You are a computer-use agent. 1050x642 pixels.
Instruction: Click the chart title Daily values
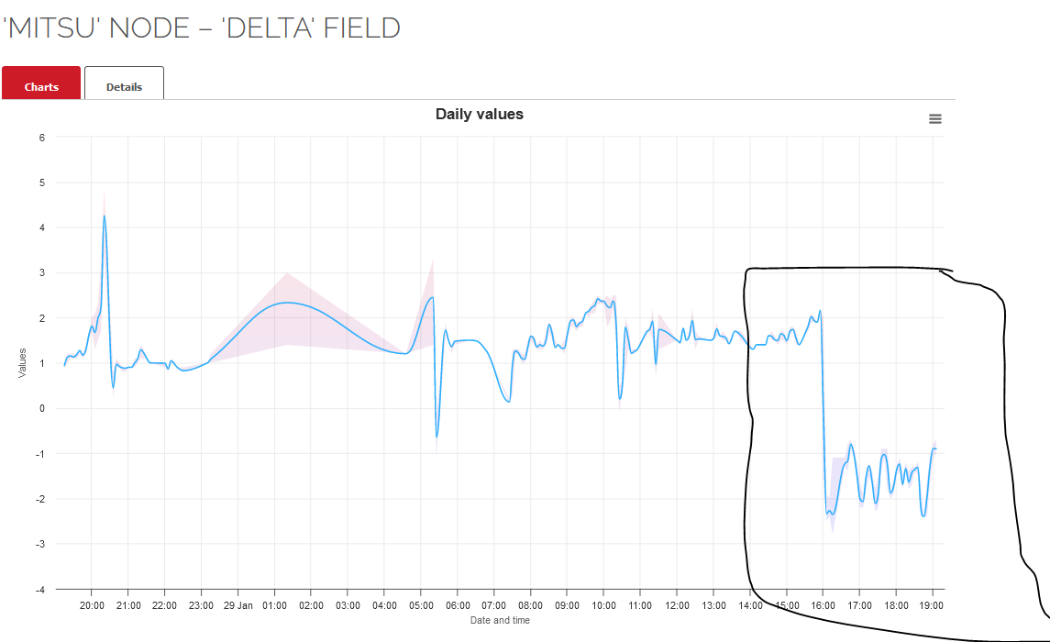pyautogui.click(x=479, y=115)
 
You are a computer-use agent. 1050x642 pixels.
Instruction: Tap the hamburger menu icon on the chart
pyautogui.click(x=935, y=119)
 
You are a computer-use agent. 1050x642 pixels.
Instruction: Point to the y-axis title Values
pyautogui.click(x=21, y=363)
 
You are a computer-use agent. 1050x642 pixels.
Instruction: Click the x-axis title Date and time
pyautogui.click(x=500, y=621)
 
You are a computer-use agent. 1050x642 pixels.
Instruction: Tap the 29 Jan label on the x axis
pyautogui.click(x=238, y=605)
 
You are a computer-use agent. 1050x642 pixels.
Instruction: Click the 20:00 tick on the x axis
pyautogui.click(x=92, y=605)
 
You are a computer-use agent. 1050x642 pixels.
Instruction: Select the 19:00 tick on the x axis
pyautogui.click(x=933, y=605)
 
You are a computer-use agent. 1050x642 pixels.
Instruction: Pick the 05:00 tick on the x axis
pyautogui.click(x=421, y=605)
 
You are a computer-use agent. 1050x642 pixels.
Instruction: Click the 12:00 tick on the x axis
pyautogui.click(x=677, y=605)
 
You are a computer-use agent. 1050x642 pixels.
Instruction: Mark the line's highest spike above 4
pyautogui.click(x=105, y=216)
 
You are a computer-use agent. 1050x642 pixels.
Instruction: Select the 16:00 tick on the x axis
pyautogui.click(x=823, y=605)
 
